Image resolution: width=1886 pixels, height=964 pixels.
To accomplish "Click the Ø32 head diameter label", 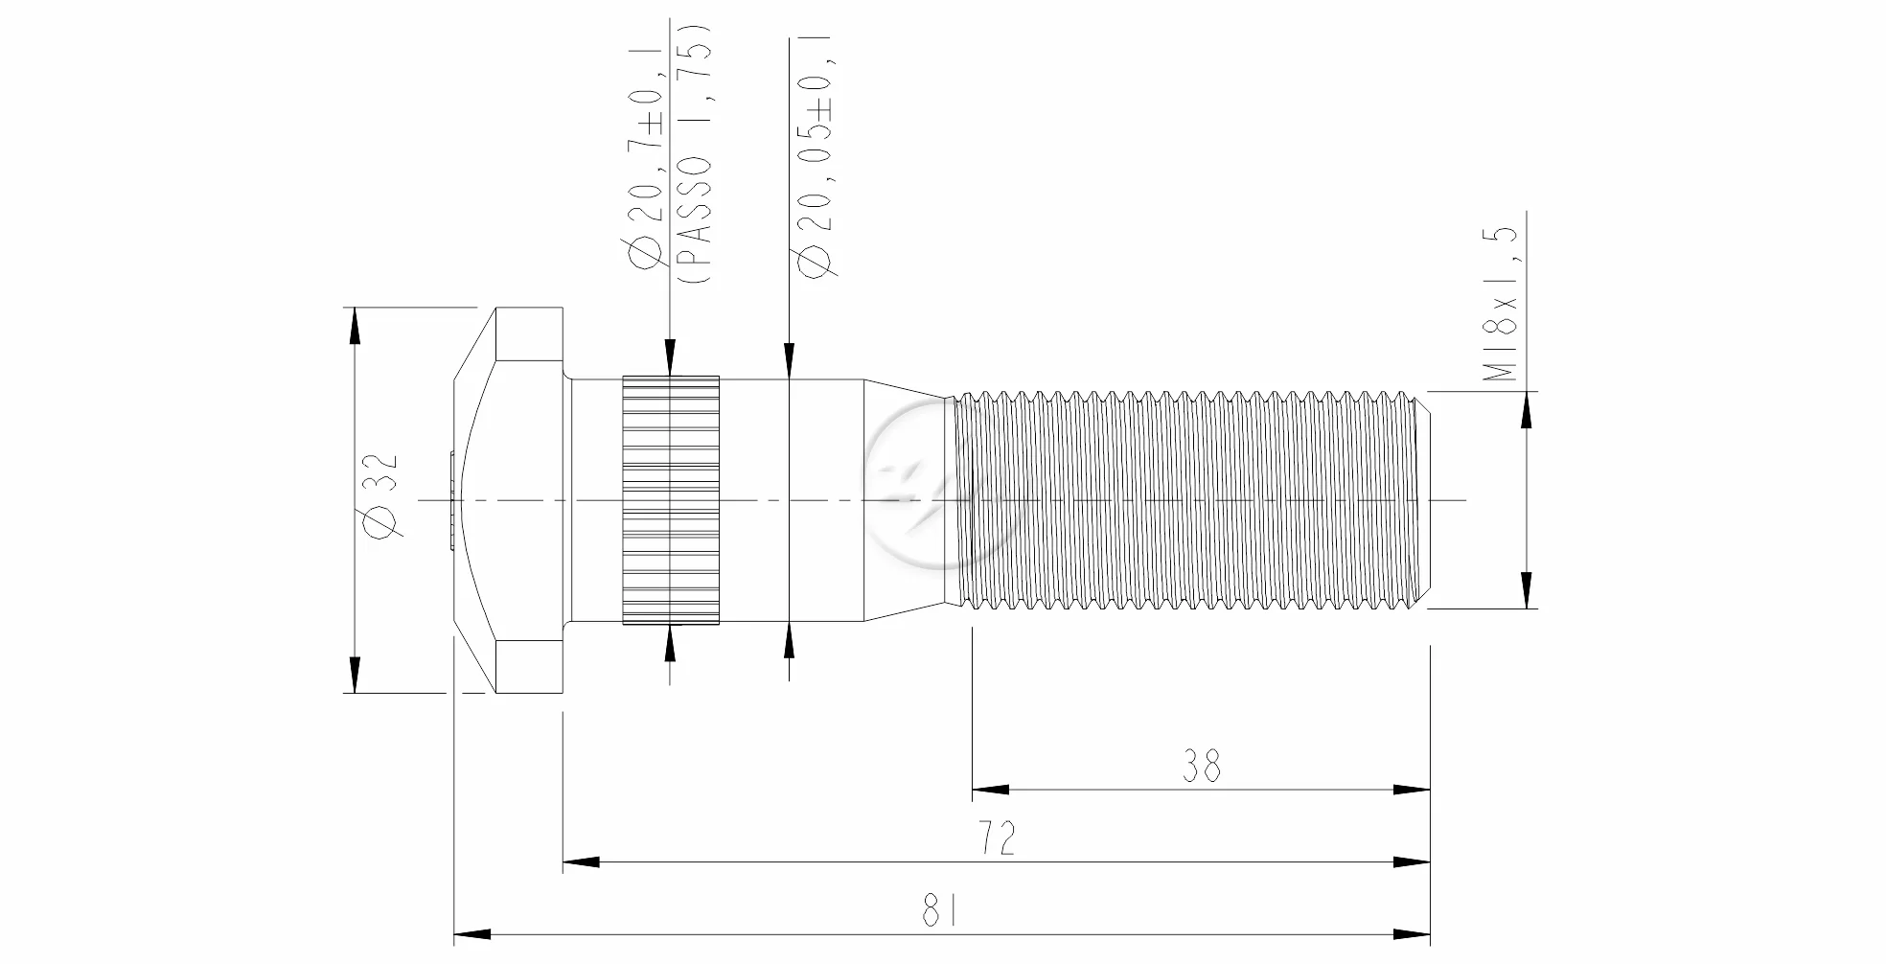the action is (x=380, y=496).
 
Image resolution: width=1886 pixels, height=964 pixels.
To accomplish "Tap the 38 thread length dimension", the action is (x=1201, y=767).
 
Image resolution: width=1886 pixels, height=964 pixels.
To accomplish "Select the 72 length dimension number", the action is (x=997, y=838).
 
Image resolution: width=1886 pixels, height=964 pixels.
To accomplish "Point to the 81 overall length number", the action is (x=939, y=910).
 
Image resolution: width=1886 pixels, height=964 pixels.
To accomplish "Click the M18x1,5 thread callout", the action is (x=1502, y=305).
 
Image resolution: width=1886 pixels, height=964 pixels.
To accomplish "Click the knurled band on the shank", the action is (x=671, y=500).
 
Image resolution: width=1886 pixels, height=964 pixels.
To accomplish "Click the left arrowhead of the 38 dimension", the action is (x=990, y=791).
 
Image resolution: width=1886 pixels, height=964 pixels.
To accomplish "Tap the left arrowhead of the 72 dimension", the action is (x=581, y=862).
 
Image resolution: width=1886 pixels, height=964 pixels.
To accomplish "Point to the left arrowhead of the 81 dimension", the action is (x=472, y=934).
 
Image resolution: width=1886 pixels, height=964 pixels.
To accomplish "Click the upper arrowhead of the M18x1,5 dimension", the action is (x=1526, y=409).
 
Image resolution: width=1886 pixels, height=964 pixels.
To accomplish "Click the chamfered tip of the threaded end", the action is (x=1424, y=499).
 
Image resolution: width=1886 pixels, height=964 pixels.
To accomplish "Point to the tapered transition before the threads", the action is (x=906, y=500).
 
